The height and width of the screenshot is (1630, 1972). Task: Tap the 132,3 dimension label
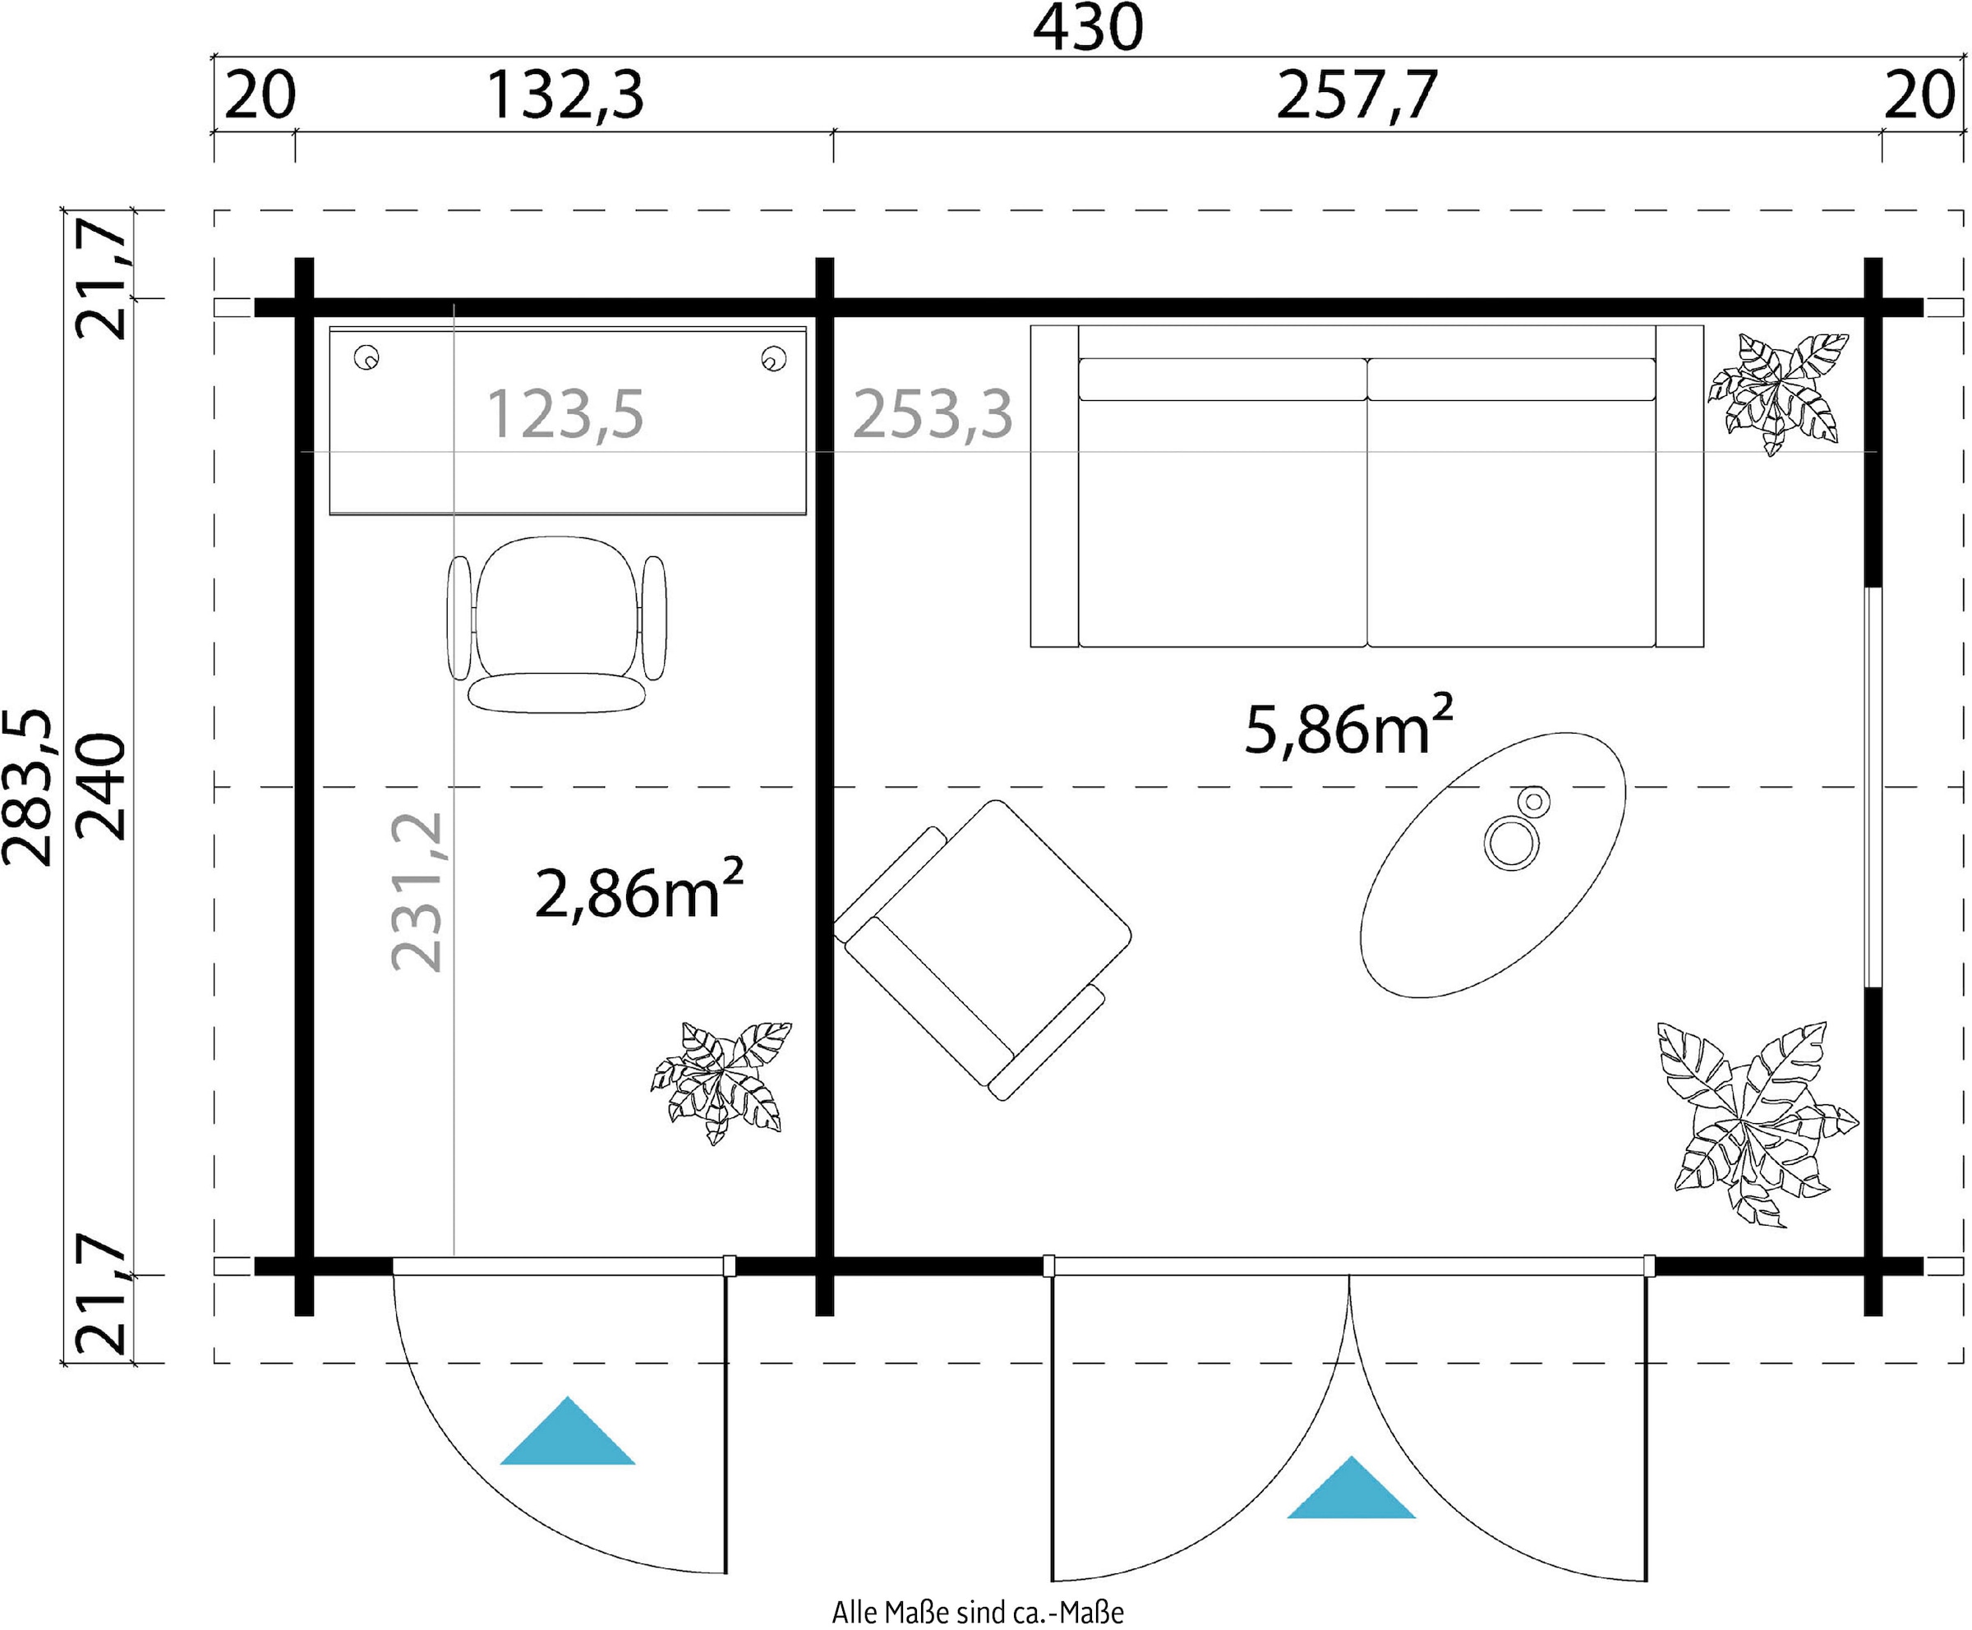[565, 96]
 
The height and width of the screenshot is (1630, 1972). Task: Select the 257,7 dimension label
[1357, 96]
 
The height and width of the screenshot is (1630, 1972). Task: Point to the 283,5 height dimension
[28, 787]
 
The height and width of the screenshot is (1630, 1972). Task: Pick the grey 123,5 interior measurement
[565, 414]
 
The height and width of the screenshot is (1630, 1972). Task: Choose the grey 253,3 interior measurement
[933, 414]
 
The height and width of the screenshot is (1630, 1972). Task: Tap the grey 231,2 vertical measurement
[416, 892]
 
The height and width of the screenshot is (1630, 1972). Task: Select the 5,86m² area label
[1348, 728]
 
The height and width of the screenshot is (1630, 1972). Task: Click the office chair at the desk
[557, 619]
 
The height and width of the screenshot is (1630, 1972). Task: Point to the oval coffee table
[1493, 863]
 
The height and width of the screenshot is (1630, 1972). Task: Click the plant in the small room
[721, 1082]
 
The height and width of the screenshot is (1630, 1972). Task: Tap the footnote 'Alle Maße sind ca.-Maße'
[978, 1612]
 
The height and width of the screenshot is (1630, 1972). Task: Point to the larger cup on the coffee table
[1511, 842]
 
